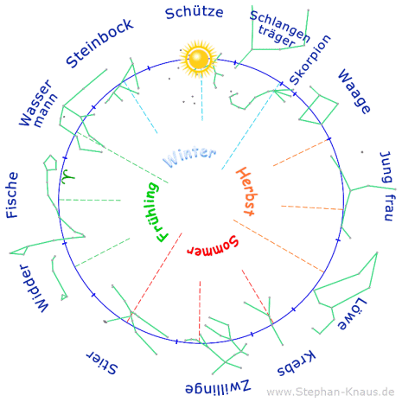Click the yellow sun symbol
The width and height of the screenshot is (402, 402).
[198, 59]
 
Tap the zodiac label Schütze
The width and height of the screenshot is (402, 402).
[195, 13]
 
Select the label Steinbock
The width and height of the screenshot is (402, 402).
[99, 43]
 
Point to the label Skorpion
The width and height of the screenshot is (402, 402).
[310, 60]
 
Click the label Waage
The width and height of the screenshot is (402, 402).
[354, 92]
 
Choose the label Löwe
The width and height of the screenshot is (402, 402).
[352, 314]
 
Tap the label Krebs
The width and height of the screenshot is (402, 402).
[297, 363]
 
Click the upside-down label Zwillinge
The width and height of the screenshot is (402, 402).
[218, 386]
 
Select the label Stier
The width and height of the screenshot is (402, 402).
[102, 363]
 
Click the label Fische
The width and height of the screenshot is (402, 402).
[12, 195]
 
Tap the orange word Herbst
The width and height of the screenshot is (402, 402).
[246, 191]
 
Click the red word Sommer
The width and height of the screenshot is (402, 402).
[213, 246]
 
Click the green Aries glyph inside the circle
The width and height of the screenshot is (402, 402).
[68, 176]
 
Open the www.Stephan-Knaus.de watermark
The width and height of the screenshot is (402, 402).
[330, 392]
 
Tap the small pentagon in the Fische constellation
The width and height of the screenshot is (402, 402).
[50, 163]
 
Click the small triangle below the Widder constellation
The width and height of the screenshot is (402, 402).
[64, 297]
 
